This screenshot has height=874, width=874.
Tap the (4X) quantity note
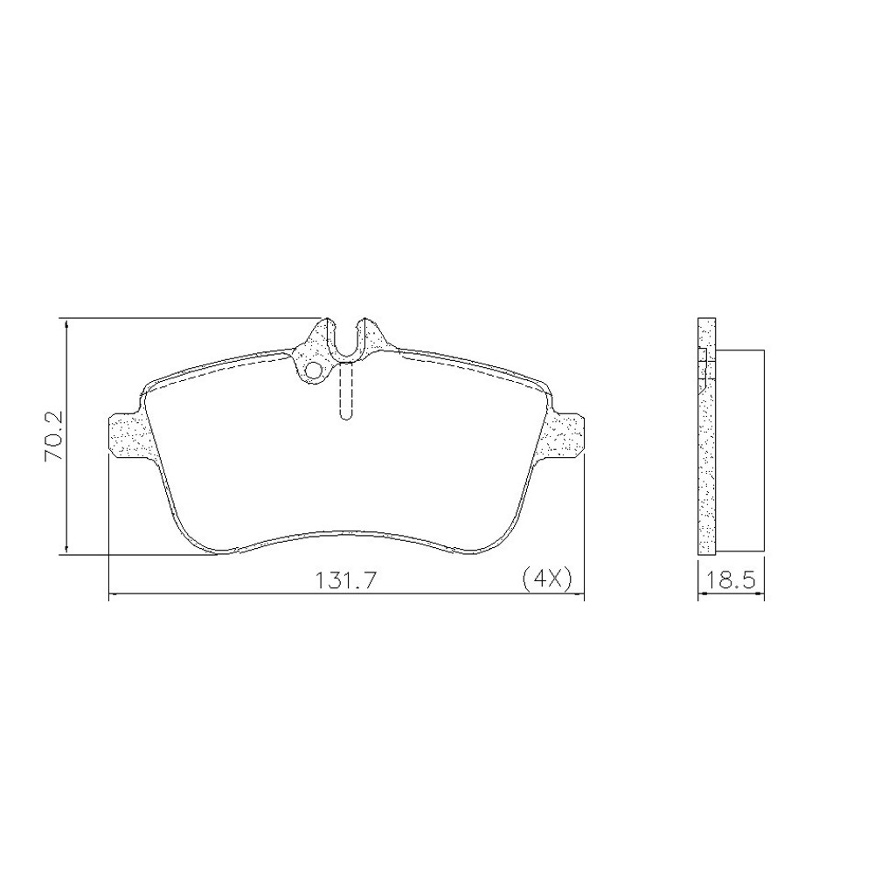pos(545,578)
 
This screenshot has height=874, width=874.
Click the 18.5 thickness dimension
pos(732,579)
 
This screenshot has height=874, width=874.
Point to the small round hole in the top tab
pos(312,371)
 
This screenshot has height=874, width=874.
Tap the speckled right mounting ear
pos(565,434)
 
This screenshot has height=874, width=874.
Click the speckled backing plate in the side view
pos(706,463)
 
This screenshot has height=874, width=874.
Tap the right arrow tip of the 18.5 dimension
pos(764,597)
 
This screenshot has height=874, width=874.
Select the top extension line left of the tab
pos(192,318)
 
